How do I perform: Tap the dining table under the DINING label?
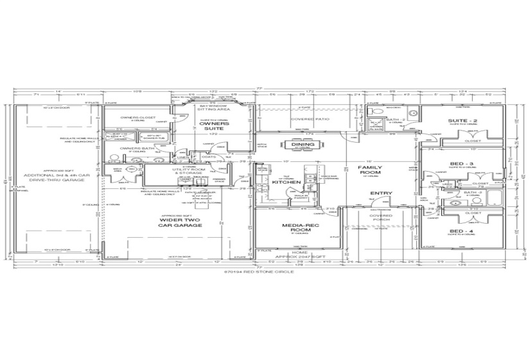(303, 152)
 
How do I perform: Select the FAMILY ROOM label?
(370, 170)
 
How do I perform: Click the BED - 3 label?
(461, 164)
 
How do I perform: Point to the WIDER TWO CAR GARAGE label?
(179, 223)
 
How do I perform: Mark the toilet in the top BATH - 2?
(380, 113)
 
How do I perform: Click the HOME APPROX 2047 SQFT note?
(299, 255)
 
